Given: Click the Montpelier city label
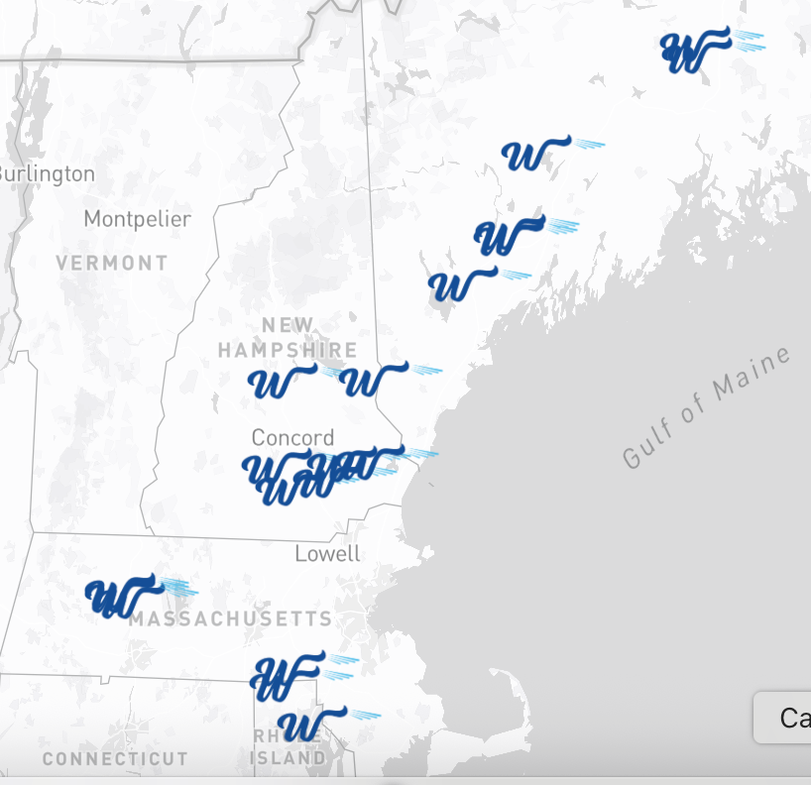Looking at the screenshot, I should [137, 218].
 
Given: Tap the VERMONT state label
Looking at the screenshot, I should [112, 263].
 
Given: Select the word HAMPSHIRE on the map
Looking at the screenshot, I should [288, 350].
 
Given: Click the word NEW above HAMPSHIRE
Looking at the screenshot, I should [288, 325].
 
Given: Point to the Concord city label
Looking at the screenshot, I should [292, 437].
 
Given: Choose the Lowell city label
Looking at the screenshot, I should [327, 553].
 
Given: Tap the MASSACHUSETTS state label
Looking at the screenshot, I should [230, 618].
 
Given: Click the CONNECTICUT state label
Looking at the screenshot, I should [115, 758].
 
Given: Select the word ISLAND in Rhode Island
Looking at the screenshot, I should [287, 758].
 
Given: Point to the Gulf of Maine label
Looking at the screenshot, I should [707, 406].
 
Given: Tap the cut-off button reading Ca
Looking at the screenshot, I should [788, 718].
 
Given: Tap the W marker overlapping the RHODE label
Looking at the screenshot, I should [303, 727].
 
